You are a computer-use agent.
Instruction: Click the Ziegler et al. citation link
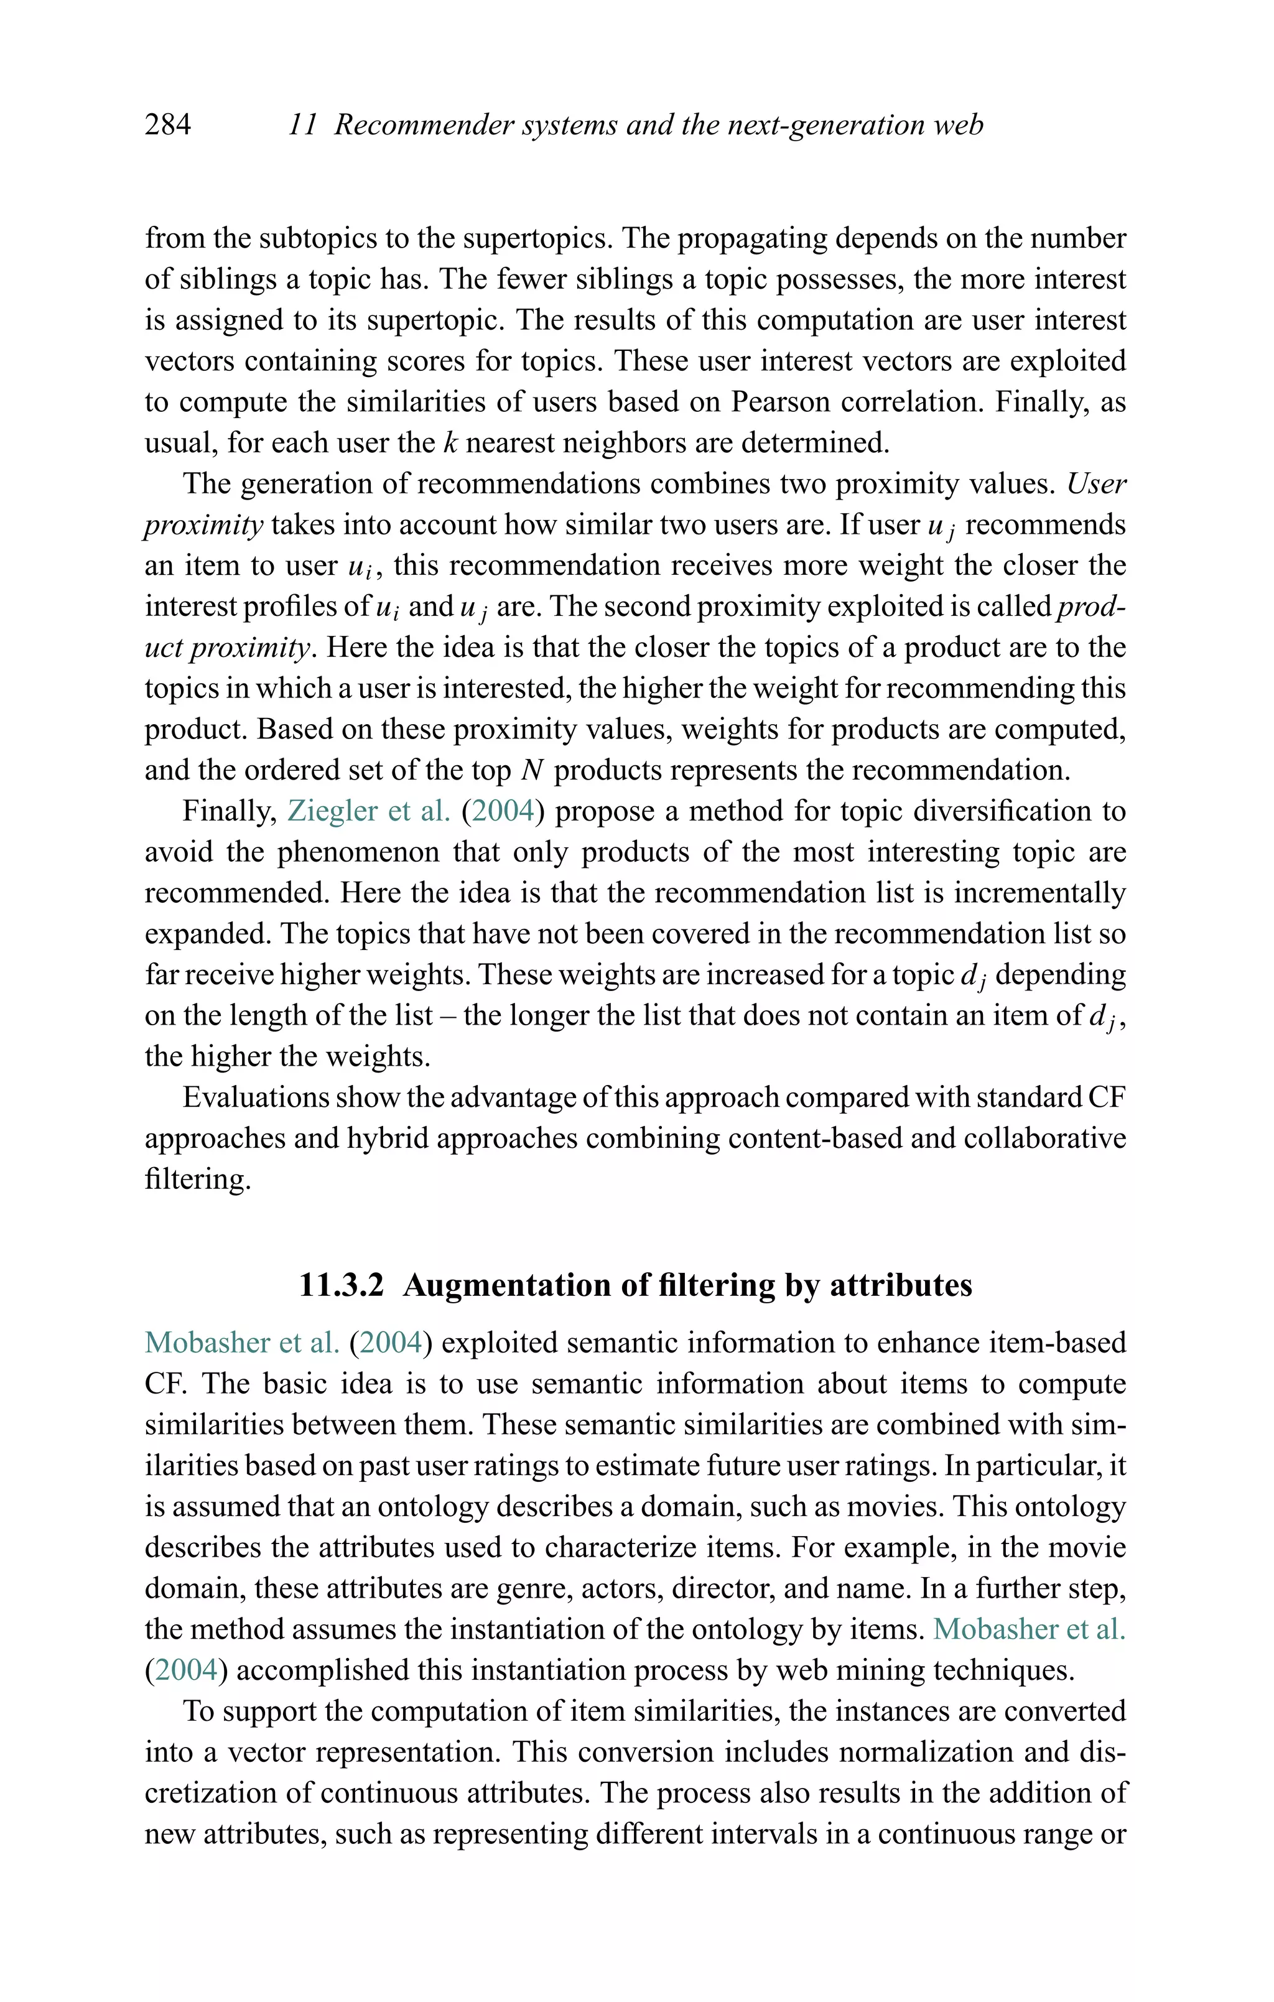tap(368, 811)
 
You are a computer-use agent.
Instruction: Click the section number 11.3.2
tap(342, 1285)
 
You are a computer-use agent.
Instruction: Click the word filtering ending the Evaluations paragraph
tap(197, 1179)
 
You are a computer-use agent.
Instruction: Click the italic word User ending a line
tap(1096, 484)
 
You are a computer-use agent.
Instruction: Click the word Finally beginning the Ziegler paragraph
tap(230, 811)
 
